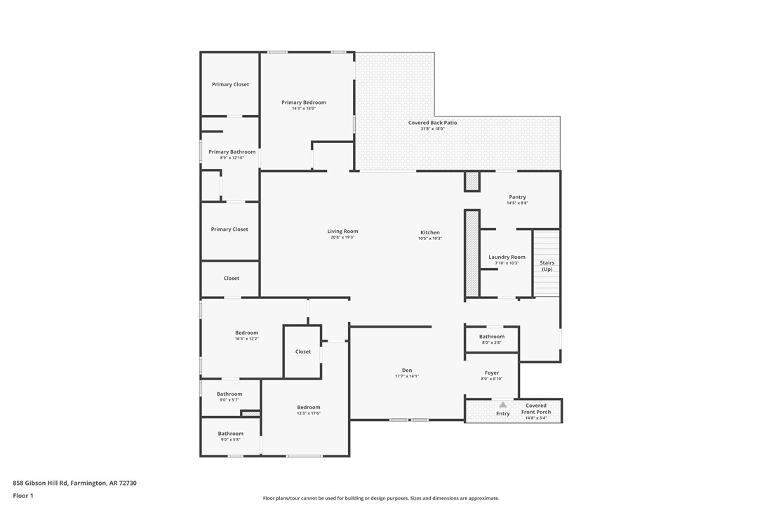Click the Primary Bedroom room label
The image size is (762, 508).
click(304, 102)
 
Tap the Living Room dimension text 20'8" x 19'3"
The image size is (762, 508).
click(342, 237)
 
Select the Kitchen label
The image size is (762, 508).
click(430, 232)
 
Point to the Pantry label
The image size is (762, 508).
click(517, 197)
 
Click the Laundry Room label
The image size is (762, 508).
click(507, 257)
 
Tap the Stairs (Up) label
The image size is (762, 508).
click(547, 266)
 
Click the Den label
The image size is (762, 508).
click(407, 370)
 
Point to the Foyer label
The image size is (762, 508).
click(492, 373)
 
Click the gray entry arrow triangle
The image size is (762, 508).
click(503, 405)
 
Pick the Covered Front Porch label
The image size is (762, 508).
click(536, 408)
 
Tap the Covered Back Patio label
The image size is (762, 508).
click(432, 123)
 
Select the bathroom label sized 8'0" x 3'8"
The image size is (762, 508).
click(492, 337)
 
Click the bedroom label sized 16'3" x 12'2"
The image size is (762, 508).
click(246, 333)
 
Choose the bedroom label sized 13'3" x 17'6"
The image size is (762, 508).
click(308, 407)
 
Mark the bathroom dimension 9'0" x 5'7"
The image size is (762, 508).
click(229, 400)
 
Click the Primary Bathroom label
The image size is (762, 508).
click(232, 152)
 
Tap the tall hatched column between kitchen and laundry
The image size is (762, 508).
click(472, 253)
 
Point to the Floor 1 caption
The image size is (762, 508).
click(23, 495)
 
